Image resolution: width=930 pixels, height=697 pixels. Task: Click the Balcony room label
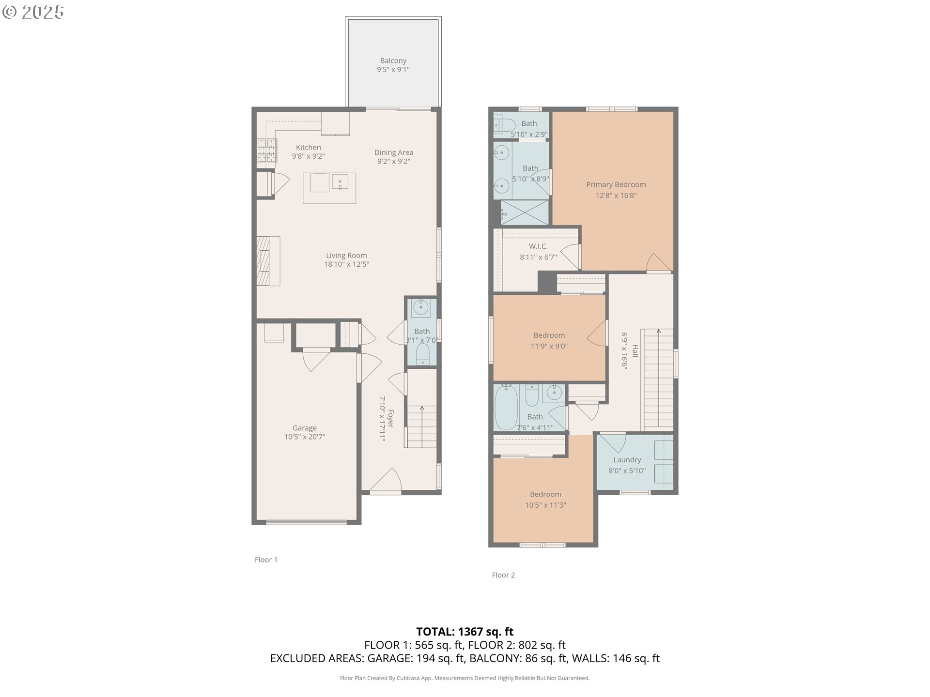(393, 61)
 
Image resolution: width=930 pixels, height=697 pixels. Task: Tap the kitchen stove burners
(266, 150)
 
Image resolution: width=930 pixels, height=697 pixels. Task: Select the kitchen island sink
(340, 182)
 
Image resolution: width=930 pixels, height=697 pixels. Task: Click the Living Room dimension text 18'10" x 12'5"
(346, 264)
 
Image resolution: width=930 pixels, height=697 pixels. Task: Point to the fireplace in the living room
(267, 261)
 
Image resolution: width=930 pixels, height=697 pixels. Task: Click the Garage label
(304, 428)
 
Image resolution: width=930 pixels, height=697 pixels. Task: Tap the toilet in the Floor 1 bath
(422, 354)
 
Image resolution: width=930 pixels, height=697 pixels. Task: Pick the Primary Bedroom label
(616, 184)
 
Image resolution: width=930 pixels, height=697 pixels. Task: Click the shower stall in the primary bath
(525, 212)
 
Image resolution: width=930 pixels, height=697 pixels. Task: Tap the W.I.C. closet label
(538, 246)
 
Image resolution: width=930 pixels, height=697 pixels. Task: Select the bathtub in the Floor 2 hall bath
(507, 407)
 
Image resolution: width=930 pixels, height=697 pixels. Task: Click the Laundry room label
(627, 460)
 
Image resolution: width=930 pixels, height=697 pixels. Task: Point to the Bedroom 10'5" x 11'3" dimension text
(545, 505)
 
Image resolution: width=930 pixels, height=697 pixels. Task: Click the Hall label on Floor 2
(635, 351)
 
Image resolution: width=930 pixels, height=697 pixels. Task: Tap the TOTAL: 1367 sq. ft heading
(465, 632)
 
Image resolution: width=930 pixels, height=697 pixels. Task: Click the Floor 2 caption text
(503, 575)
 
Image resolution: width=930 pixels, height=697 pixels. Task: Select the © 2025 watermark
(33, 12)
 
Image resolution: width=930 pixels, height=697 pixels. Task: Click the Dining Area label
(393, 152)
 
